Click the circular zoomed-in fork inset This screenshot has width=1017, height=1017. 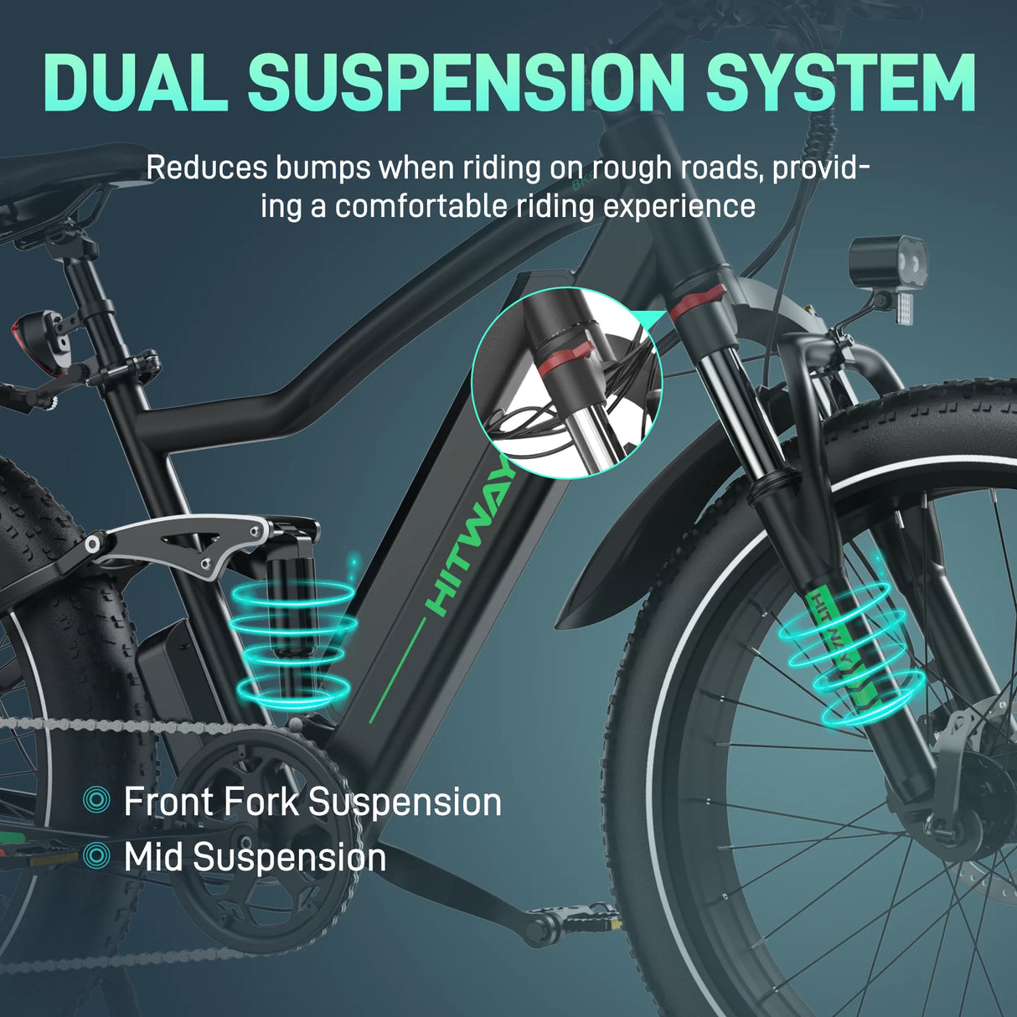pos(566,383)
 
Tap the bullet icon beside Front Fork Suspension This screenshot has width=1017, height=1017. pos(97,801)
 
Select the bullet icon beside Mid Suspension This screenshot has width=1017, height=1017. pos(97,856)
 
